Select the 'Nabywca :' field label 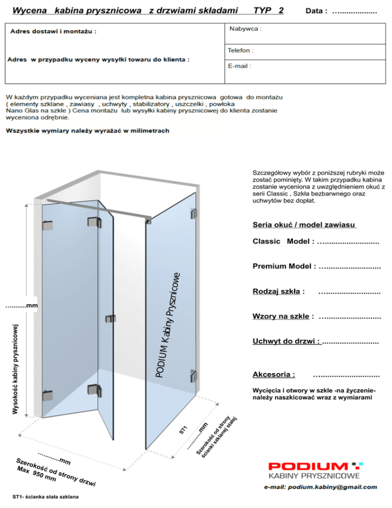pos(247,29)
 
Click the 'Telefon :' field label pos(241,51)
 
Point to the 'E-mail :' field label pos(240,66)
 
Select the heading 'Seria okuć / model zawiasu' pos(304,225)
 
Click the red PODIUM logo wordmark pos(309,467)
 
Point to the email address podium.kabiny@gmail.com pos(321,487)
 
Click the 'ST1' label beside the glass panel pos(184,429)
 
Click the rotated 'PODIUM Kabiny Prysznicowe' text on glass pos(168,327)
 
